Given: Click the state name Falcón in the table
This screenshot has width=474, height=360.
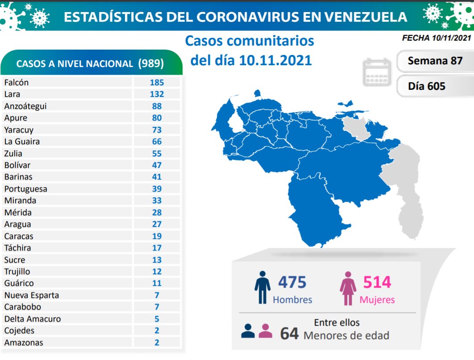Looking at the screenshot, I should [x=17, y=83].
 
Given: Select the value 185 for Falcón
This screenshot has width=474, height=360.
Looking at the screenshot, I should [x=157, y=83].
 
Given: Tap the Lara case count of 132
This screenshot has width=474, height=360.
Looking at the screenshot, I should [x=157, y=94].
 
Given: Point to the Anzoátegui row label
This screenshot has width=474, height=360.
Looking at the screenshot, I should [x=25, y=106].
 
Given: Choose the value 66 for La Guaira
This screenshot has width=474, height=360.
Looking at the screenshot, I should [x=157, y=142].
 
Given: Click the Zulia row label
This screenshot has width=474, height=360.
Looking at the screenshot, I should [x=13, y=154].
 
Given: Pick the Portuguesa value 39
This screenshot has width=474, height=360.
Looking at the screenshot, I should [x=157, y=189].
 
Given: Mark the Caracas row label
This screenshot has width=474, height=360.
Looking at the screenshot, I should [x=18, y=236].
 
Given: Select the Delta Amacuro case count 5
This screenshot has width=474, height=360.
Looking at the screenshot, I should [x=157, y=319].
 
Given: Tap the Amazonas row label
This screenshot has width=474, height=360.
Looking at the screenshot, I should [x=24, y=343].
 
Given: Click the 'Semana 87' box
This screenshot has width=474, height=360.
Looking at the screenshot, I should [x=435, y=61].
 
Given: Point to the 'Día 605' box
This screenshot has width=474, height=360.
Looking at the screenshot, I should [x=427, y=86].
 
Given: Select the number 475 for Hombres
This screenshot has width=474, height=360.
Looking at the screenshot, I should [x=292, y=282].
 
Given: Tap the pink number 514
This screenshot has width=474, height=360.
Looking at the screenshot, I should [x=377, y=282].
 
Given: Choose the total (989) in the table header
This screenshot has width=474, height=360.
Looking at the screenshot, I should [x=151, y=63].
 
